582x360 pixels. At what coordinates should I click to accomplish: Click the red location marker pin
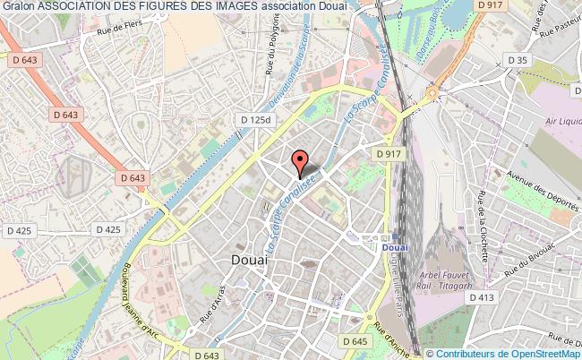[x=300, y=162]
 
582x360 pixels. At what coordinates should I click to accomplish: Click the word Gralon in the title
[x=19, y=8]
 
